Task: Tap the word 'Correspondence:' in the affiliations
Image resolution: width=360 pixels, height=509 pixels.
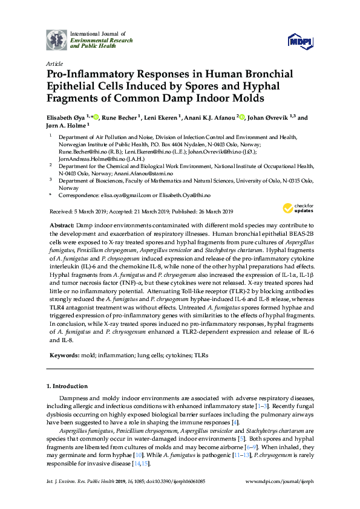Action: pyautogui.click(x=78, y=196)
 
